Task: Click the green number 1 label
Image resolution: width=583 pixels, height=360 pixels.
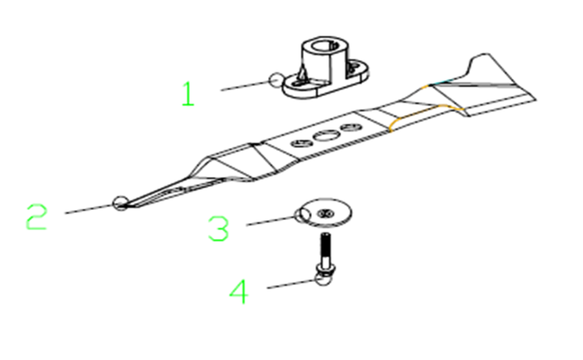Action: tap(188, 94)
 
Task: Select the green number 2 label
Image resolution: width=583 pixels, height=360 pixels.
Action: tap(37, 217)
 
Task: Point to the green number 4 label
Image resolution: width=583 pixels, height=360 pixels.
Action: tap(239, 292)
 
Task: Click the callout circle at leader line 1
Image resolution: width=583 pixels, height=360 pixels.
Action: tap(276, 79)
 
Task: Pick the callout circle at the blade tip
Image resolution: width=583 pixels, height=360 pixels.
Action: tap(120, 203)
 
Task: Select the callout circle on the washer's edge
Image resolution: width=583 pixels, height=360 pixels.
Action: tap(303, 215)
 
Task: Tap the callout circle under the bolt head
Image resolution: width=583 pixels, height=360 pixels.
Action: tap(322, 278)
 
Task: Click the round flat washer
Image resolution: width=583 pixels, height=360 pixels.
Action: tap(326, 212)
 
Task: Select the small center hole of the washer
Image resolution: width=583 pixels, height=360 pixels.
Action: tap(326, 214)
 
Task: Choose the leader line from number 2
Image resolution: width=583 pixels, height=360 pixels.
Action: tap(89, 209)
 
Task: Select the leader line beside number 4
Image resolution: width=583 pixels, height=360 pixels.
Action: tap(291, 284)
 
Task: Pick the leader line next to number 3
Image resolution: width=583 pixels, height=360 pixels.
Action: tap(270, 221)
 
